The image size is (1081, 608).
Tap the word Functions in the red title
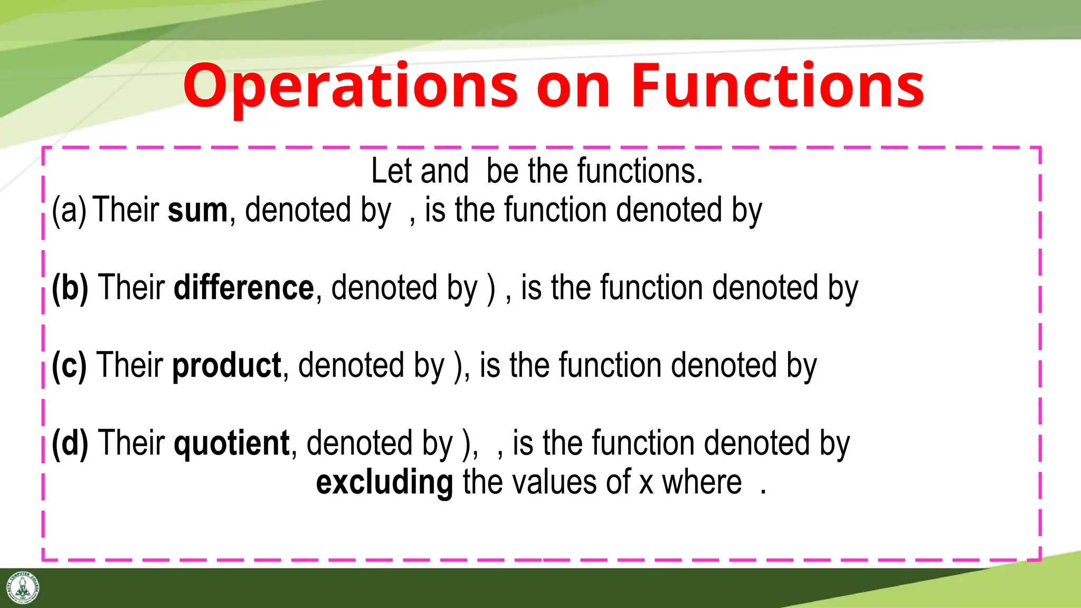tap(777, 86)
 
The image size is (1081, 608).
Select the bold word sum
tap(197, 210)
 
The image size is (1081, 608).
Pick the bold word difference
tap(244, 288)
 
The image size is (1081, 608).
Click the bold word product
tap(227, 365)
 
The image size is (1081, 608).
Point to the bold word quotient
tap(232, 443)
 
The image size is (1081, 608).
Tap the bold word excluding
tap(384, 482)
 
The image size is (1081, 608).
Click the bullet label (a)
tap(69, 210)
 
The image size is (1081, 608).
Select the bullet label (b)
tap(70, 288)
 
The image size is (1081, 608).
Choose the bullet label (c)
tap(69, 365)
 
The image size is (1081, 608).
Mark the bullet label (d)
tap(70, 443)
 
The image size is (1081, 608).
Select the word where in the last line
tap(702, 482)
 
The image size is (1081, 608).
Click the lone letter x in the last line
tap(646, 483)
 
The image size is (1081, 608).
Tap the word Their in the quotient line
tap(131, 443)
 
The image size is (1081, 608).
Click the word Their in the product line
tap(130, 365)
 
